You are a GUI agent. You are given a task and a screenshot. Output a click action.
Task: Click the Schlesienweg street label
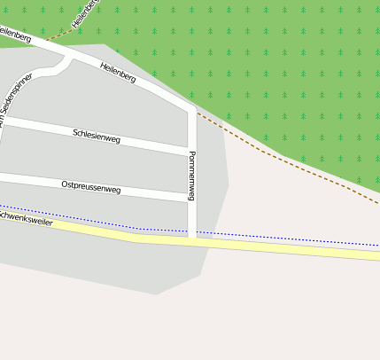tap(97, 136)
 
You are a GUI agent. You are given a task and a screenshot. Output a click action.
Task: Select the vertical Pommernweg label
tap(191, 175)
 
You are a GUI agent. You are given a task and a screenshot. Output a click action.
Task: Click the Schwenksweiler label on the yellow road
tap(27, 218)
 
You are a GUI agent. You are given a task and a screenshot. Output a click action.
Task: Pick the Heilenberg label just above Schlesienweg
tap(118, 73)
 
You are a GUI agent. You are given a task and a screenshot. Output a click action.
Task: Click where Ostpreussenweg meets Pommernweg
tap(191, 199)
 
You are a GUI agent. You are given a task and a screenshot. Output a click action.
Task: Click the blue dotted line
tap(266, 237)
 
